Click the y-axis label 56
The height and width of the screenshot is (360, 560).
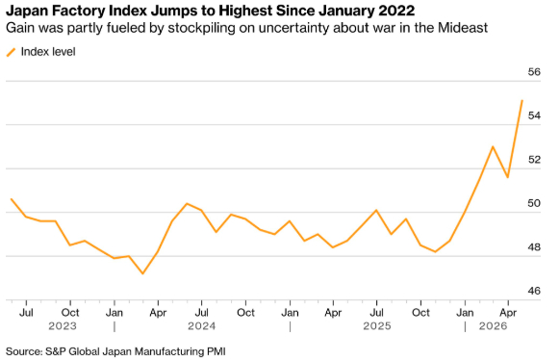534,72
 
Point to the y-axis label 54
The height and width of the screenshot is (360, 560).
534,116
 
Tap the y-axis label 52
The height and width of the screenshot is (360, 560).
534,160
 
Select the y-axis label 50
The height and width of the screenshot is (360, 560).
534,203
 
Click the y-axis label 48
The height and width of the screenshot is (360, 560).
534,247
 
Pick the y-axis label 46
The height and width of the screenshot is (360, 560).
534,291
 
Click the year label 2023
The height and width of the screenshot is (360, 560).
63,326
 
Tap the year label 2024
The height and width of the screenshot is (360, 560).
202,326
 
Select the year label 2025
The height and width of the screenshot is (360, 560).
377,326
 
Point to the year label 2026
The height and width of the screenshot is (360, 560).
493,326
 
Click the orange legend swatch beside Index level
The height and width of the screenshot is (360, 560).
12,52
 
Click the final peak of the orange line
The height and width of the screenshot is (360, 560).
522,101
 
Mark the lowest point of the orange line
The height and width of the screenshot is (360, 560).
142,273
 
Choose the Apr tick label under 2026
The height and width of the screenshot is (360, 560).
508,313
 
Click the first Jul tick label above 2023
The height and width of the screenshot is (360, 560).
26,313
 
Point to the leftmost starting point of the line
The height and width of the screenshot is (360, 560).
12,199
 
